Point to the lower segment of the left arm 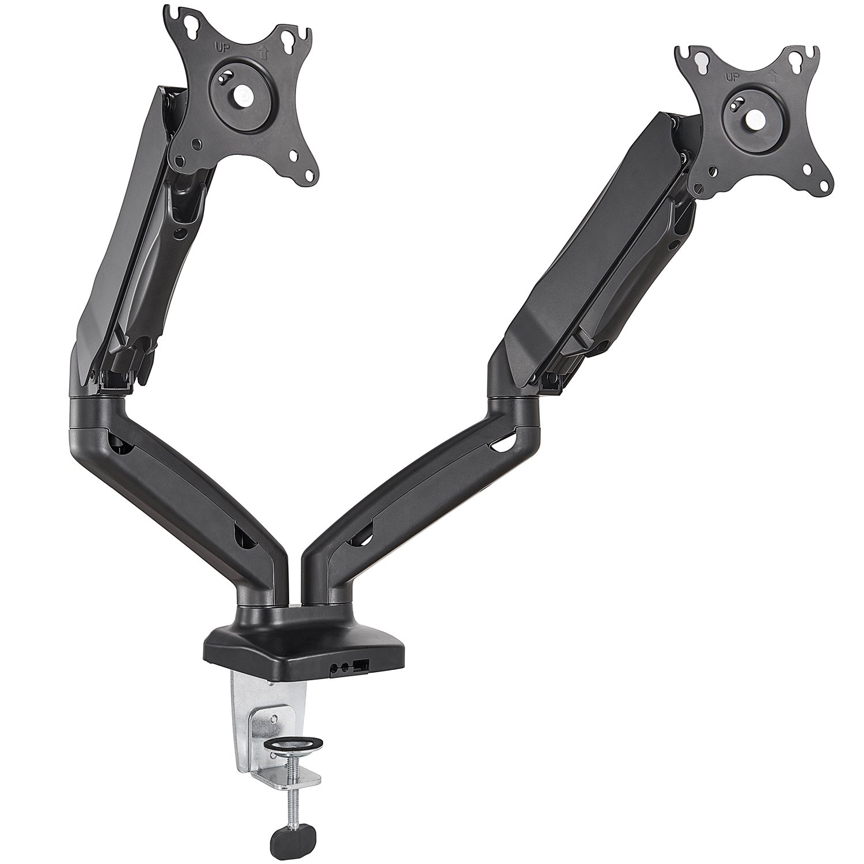pyautogui.click(x=190, y=507)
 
